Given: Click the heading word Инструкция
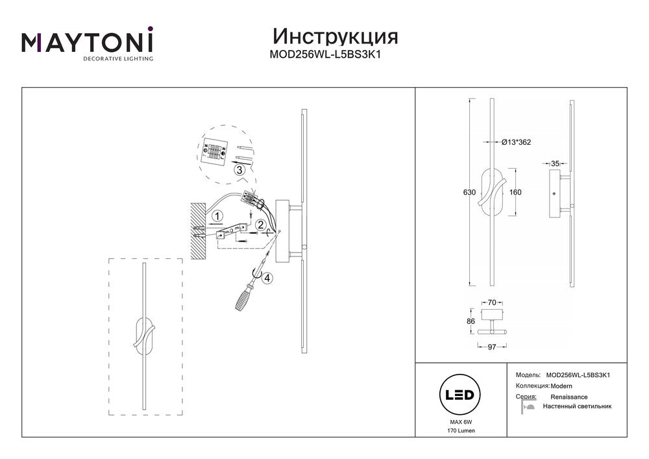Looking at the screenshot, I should (x=335, y=36).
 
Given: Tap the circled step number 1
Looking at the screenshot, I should (x=218, y=215).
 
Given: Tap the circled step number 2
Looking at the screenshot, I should (x=260, y=225).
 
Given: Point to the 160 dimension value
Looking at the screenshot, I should (x=516, y=192).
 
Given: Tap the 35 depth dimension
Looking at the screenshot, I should (x=554, y=164).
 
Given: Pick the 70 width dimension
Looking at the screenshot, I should (x=491, y=303).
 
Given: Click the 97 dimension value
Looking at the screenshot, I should (x=491, y=347).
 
